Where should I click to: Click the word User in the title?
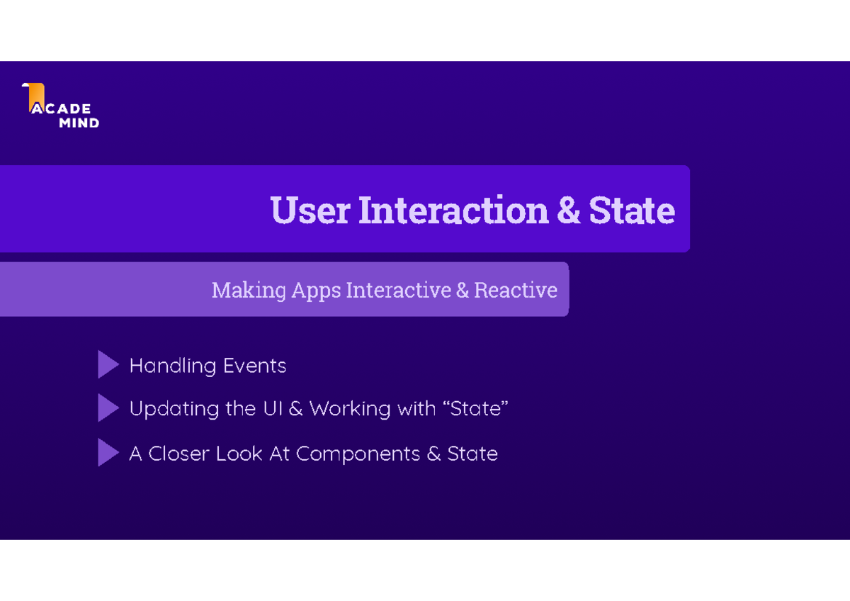click(310, 210)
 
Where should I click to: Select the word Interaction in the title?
click(453, 210)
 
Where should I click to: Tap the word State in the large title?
click(632, 210)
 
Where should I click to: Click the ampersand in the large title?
click(569, 210)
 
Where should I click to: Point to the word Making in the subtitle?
click(249, 291)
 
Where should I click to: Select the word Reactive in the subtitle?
click(515, 291)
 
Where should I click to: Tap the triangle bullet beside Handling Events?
click(108, 365)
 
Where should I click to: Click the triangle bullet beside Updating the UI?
click(108, 409)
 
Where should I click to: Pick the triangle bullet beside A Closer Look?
click(108, 453)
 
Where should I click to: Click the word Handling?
click(172, 366)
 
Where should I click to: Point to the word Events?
click(254, 366)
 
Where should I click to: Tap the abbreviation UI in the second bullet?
click(273, 409)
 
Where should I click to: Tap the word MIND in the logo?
click(78, 123)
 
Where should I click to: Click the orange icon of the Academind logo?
click(35, 97)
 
